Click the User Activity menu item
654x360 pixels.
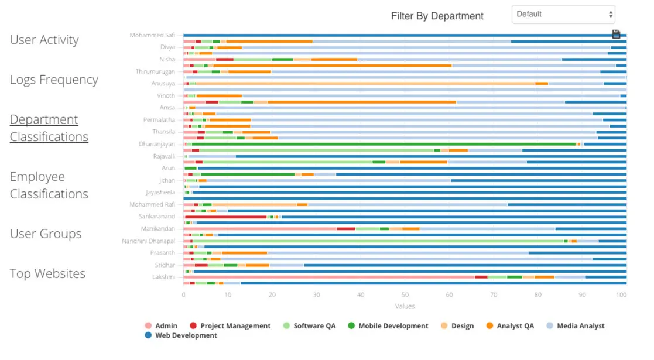click(44, 40)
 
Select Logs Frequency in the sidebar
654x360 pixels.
click(54, 80)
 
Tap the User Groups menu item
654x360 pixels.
click(46, 234)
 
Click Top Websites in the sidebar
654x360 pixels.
click(47, 274)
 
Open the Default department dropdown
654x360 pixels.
click(563, 15)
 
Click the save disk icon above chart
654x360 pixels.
click(615, 35)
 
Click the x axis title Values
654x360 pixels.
click(405, 306)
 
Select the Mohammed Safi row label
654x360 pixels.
click(152, 35)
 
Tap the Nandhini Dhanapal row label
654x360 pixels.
click(148, 241)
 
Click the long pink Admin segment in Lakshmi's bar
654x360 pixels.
click(328, 277)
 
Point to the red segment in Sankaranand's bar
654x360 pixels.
click(226, 217)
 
